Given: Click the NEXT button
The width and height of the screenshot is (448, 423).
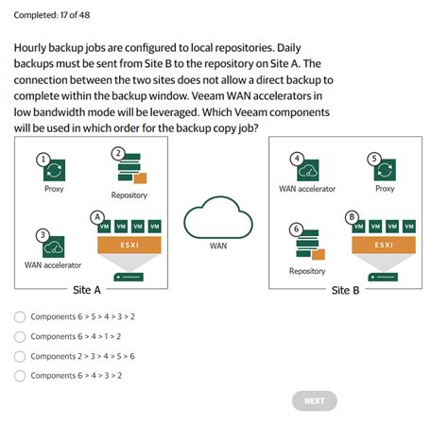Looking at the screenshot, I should pos(315,400).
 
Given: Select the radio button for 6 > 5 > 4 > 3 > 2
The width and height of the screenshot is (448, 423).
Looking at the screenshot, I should pos(20,317).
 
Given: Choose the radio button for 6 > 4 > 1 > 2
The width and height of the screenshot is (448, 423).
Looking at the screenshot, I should pos(20,336).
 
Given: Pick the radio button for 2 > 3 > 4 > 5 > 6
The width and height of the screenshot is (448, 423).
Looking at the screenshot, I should pos(20,356).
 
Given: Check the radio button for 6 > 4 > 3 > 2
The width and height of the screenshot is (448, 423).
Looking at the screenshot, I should pos(20,376).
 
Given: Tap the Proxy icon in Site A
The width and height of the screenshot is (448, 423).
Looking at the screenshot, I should pos(55,170).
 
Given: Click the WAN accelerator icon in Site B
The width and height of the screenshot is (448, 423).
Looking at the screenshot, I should pos(307,169).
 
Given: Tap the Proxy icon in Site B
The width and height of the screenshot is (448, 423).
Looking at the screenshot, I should pos(384,169).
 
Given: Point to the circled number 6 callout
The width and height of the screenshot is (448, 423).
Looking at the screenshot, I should pos(297,229).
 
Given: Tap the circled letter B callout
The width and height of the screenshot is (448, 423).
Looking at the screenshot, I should pos(353,215).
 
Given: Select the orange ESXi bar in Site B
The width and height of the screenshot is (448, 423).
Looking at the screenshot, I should pos(384,245).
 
